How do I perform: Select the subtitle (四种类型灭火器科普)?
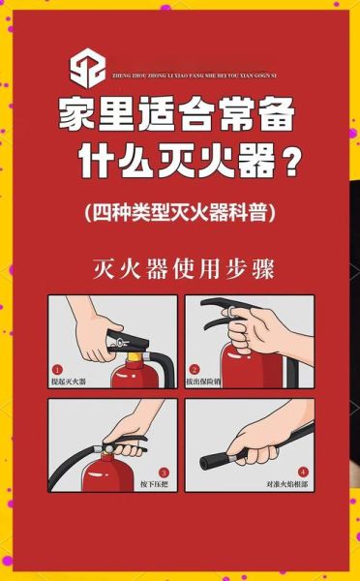[x=180, y=211]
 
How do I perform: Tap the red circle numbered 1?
[x=58, y=369]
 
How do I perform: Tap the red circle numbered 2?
[x=195, y=369]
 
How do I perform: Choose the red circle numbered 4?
[x=303, y=472]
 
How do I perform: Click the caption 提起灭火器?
[x=70, y=382]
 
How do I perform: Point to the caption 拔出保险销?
[x=207, y=382]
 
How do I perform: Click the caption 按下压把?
[x=156, y=484]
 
